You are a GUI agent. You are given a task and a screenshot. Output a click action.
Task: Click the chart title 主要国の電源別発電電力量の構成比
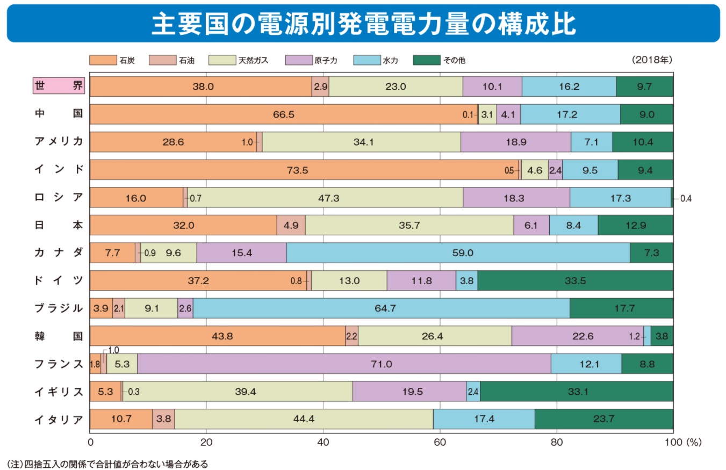click(363, 24)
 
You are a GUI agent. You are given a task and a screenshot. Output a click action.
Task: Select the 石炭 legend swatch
click(103, 60)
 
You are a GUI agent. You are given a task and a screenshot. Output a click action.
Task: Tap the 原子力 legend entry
click(300, 60)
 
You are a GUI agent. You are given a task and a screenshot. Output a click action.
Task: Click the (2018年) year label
click(652, 60)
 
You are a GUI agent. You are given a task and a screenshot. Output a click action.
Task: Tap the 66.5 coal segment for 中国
click(284, 114)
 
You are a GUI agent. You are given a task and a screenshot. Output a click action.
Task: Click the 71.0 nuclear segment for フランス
click(344, 364)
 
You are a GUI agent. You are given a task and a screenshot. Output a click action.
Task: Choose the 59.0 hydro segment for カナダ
click(458, 253)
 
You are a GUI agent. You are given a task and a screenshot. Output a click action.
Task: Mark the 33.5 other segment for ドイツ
click(575, 281)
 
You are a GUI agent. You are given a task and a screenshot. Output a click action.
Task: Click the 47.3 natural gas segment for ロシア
click(325, 198)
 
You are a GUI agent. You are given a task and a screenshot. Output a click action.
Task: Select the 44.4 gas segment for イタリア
click(304, 420)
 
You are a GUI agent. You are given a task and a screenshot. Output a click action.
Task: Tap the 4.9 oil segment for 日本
click(291, 226)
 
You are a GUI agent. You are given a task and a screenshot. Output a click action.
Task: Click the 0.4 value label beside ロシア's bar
click(686, 198)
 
